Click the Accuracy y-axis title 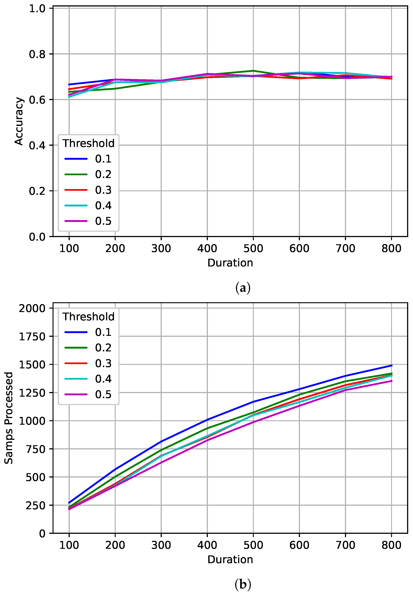click(19, 121)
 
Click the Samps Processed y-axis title click(8, 418)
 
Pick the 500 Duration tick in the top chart click(253, 249)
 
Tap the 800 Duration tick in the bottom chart click(391, 545)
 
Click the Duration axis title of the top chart click(230, 263)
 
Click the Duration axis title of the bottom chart click(230, 560)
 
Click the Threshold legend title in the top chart click(88, 143)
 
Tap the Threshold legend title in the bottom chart click(88, 317)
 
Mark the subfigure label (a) click(243, 288)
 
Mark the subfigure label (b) click(243, 584)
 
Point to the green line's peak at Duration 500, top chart click(253, 71)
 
